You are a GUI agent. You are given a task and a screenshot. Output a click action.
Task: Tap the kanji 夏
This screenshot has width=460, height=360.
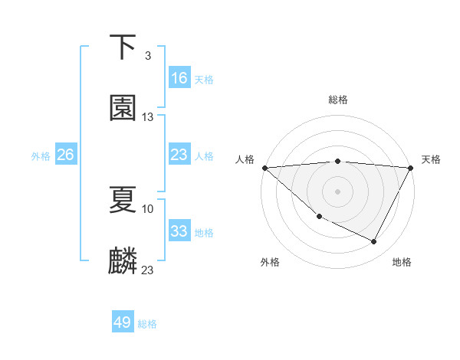123,200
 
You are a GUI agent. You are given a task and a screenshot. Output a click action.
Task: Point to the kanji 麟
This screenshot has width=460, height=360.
123,261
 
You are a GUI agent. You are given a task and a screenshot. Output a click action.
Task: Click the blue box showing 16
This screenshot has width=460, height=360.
179,78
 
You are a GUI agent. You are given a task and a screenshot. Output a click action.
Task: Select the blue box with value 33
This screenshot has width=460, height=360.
179,231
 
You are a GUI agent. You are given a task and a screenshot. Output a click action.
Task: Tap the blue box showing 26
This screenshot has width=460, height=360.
65,155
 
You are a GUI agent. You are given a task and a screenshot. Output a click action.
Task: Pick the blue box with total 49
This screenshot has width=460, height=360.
123,322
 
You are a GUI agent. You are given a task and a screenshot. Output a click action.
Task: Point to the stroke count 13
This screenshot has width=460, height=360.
148,117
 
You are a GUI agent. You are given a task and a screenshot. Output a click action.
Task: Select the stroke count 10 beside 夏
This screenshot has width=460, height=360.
148,208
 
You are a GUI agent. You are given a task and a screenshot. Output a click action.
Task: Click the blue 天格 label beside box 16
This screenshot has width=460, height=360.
204,79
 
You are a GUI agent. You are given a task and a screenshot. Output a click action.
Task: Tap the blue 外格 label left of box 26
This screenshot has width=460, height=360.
41,155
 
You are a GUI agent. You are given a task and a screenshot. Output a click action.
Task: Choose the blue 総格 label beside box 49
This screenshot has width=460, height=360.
147,324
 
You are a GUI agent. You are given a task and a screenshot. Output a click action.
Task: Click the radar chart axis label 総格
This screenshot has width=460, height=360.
338,100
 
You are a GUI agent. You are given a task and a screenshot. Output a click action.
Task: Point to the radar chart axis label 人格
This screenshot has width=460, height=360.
245,159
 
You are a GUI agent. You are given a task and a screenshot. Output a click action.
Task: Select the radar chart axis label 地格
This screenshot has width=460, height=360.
402,262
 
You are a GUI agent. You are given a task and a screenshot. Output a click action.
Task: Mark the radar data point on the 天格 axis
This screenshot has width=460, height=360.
411,168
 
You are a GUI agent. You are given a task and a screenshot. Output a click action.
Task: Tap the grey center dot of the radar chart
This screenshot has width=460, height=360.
338,191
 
